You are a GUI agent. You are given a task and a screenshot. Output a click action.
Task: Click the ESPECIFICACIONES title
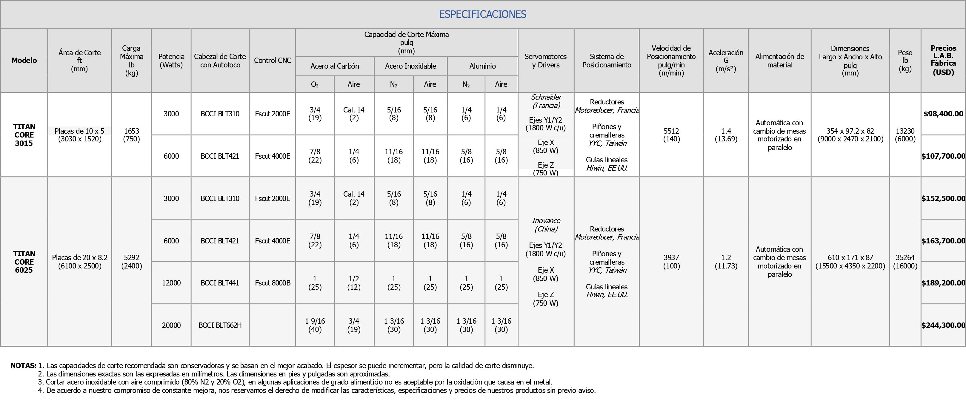coord(483,14)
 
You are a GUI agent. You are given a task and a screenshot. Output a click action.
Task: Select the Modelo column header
coord(24,60)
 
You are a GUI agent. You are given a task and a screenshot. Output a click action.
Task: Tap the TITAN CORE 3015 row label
coord(24,135)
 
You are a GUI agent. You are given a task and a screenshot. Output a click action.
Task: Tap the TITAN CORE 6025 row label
coord(24,262)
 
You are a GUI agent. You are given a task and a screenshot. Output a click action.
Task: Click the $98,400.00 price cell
coord(943,114)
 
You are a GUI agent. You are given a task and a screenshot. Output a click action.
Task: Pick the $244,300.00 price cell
coord(943,325)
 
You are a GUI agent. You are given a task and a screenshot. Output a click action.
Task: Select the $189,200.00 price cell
coord(943,283)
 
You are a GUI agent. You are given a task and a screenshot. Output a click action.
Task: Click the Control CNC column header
coord(273,60)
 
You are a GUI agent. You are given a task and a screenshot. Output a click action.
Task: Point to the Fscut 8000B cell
coord(273,283)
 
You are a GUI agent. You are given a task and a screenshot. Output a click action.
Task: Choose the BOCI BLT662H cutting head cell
coord(220,325)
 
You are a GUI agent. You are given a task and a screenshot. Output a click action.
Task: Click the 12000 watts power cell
coord(171,283)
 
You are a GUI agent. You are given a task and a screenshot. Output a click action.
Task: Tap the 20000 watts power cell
coord(171,325)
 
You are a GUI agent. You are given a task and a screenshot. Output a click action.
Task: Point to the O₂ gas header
coord(315,84)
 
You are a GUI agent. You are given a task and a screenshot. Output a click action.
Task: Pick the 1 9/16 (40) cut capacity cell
coord(315,325)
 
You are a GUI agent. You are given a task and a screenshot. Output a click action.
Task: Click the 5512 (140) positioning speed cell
coord(671,135)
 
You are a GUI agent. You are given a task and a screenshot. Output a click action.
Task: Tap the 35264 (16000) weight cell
coord(905,262)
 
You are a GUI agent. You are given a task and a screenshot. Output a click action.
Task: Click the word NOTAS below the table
coord(23,365)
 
